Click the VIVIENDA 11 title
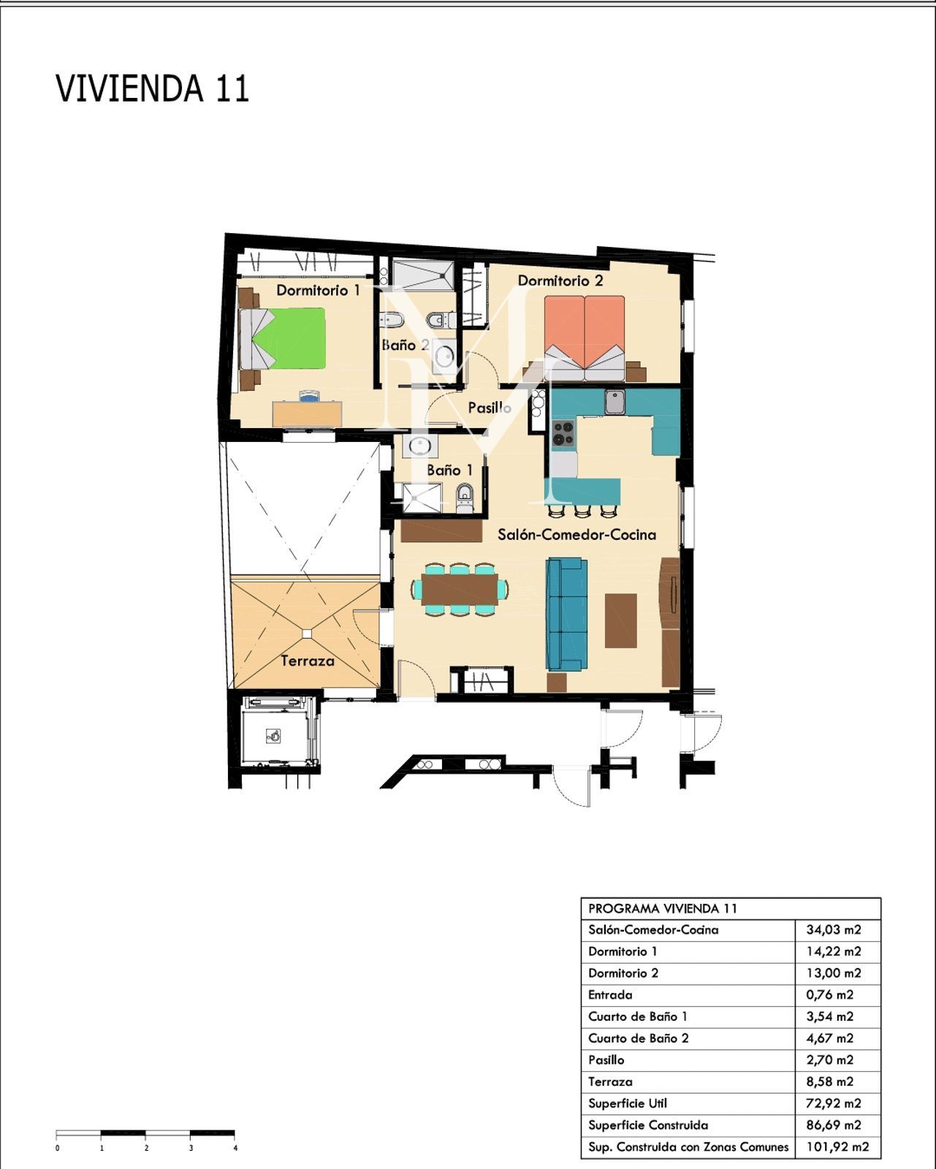pyautogui.click(x=153, y=88)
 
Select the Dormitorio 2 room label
pyautogui.click(x=560, y=281)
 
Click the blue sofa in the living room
pyautogui.click(x=566, y=614)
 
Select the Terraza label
pyautogui.click(x=308, y=661)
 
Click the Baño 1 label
pyautogui.click(x=450, y=470)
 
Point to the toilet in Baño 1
pyautogui.click(x=465, y=499)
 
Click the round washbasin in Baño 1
pyautogui.click(x=420, y=446)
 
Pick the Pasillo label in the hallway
pyautogui.click(x=490, y=408)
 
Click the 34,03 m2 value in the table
pyautogui.click(x=833, y=929)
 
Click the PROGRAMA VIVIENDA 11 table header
pyautogui.click(x=663, y=909)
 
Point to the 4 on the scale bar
pyautogui.click(x=235, y=1149)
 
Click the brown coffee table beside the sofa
pyautogui.click(x=620, y=620)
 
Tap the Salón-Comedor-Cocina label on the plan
pyautogui.click(x=577, y=535)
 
